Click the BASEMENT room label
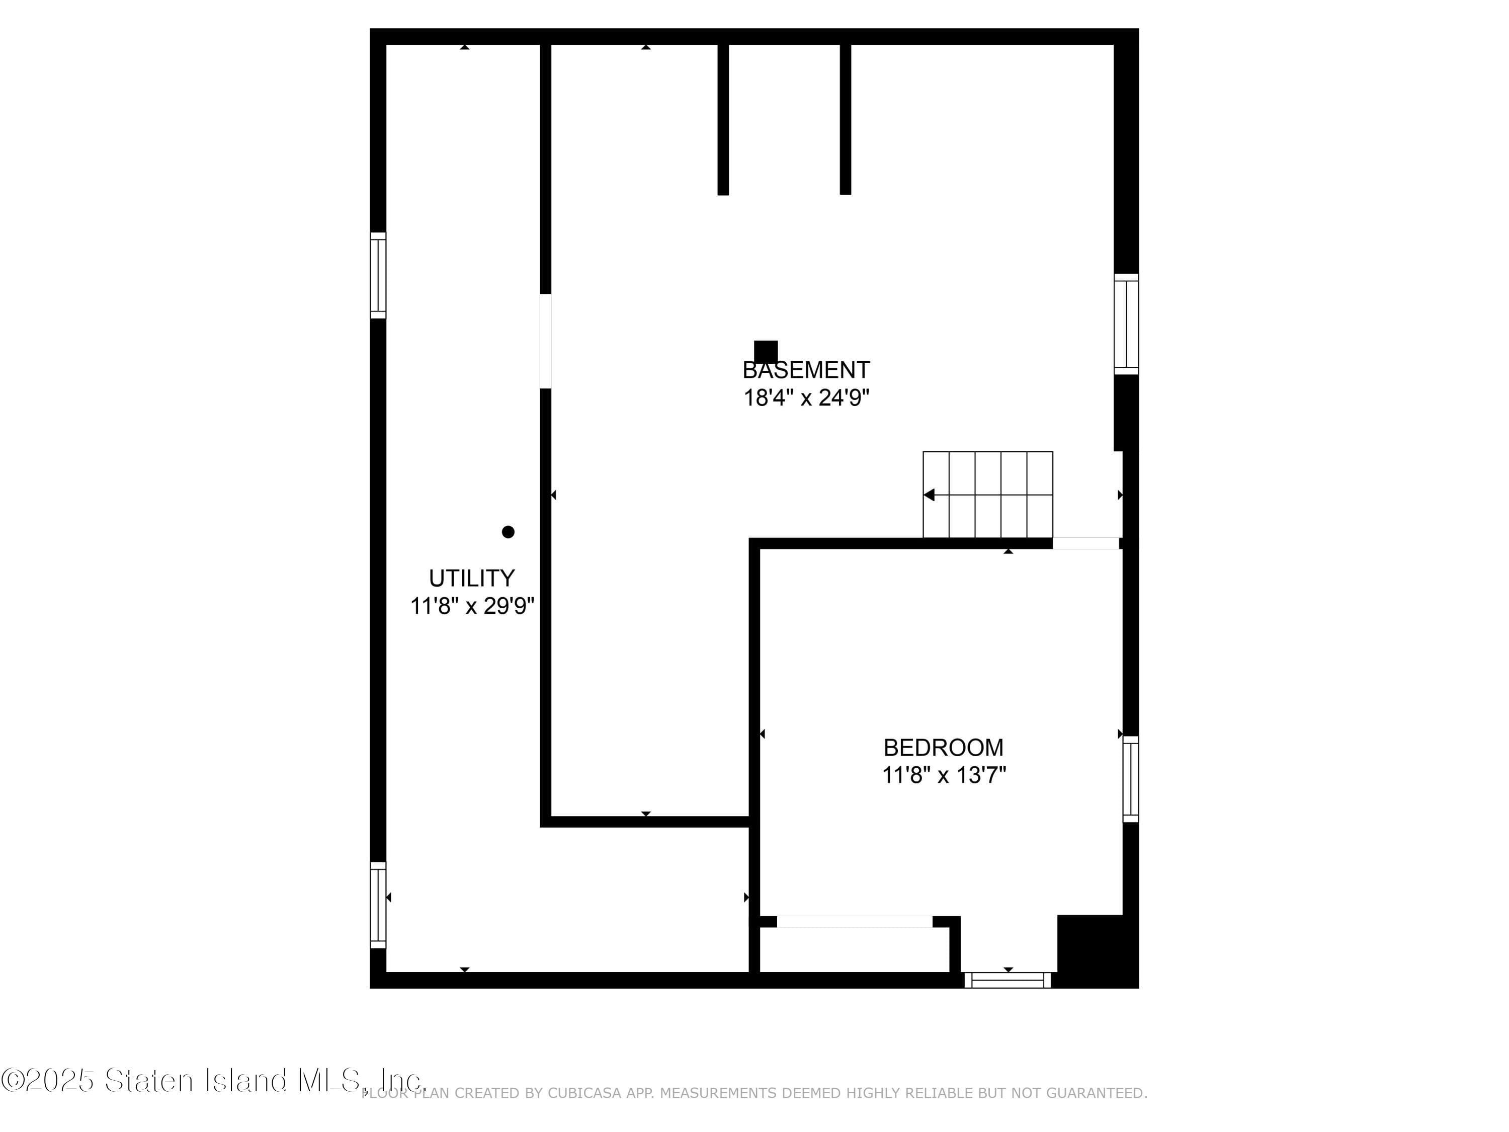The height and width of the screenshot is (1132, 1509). pyautogui.click(x=806, y=370)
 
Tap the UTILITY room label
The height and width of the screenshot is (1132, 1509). pyautogui.click(x=471, y=578)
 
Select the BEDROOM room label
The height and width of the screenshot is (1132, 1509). pyautogui.click(x=944, y=747)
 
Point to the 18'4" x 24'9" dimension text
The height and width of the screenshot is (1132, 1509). pyautogui.click(x=806, y=397)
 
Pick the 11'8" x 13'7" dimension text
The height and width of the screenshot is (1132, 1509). pyautogui.click(x=944, y=774)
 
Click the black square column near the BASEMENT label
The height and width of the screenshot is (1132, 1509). pyautogui.click(x=766, y=351)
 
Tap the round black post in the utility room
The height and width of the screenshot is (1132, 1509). pyautogui.click(x=508, y=532)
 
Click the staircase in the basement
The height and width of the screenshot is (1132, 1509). pyautogui.click(x=988, y=495)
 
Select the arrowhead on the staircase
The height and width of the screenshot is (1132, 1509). pyautogui.click(x=929, y=495)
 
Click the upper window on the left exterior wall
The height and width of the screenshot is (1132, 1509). pyautogui.click(x=378, y=275)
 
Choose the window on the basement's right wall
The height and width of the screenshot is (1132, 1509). pyautogui.click(x=1126, y=324)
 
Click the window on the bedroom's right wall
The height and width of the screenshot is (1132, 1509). pyautogui.click(x=1130, y=778)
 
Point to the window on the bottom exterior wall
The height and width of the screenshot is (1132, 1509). pyautogui.click(x=1008, y=980)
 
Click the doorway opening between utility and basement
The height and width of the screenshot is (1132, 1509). pyautogui.click(x=545, y=341)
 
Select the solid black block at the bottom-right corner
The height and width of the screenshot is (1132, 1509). pyautogui.click(x=1098, y=951)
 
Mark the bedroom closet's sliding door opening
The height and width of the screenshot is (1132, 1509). pyautogui.click(x=854, y=922)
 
